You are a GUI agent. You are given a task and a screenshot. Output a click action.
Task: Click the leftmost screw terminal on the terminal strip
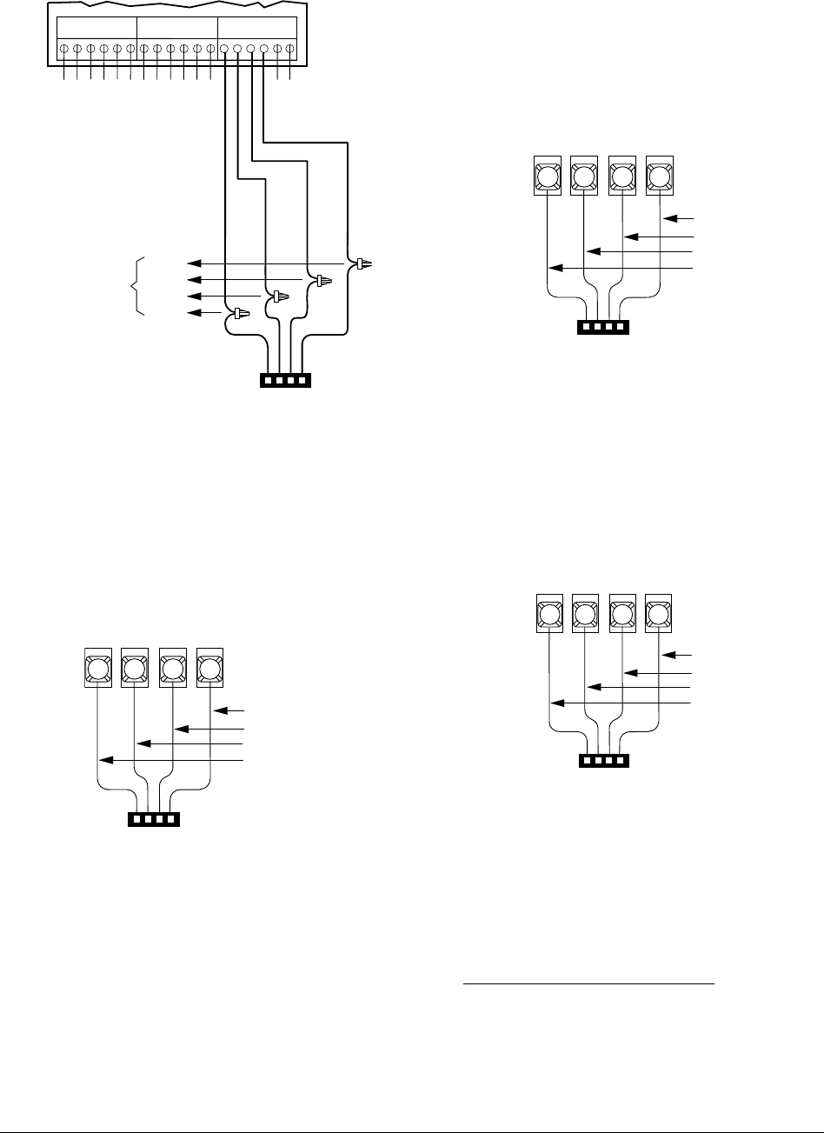[64, 50]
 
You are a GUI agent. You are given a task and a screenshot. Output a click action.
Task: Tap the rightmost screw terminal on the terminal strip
[289, 50]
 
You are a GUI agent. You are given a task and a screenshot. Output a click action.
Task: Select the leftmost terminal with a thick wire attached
[225, 50]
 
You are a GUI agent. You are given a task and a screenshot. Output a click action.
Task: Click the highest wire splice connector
[362, 262]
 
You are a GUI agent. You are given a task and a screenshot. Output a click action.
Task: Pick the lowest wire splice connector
[238, 313]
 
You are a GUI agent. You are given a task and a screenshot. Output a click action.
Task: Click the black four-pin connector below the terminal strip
[286, 380]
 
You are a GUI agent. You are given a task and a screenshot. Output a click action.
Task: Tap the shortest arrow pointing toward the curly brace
[204, 313]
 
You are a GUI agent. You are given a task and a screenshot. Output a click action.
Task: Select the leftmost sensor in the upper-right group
[547, 177]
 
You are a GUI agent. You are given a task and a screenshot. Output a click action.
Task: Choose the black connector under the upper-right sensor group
[603, 328]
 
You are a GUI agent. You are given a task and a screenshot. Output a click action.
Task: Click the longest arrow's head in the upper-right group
[553, 268]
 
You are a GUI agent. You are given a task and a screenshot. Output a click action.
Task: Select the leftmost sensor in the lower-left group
[97, 668]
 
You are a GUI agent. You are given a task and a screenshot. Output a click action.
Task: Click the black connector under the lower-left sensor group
[154, 819]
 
